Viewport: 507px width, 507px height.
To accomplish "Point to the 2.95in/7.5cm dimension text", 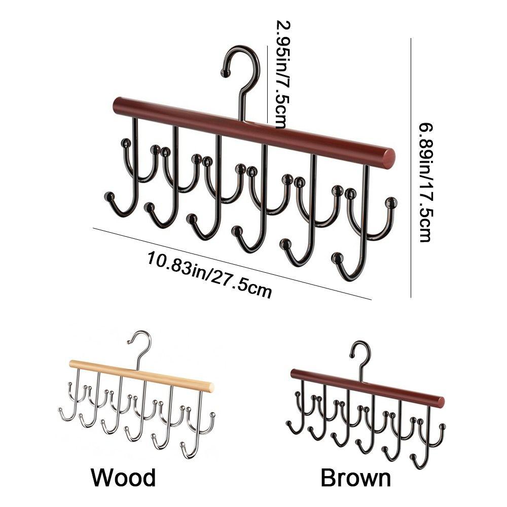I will coord(282,74).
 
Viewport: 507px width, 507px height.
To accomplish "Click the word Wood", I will coord(123,477).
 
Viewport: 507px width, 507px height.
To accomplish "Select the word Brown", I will coord(356,478).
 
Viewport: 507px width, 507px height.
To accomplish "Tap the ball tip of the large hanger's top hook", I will coord(225,74).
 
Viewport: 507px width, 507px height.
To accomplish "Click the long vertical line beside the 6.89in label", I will coord(410,167).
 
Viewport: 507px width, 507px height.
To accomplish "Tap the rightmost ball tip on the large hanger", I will coord(391,203).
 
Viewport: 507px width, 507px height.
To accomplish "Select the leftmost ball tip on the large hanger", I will coord(109,196).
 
